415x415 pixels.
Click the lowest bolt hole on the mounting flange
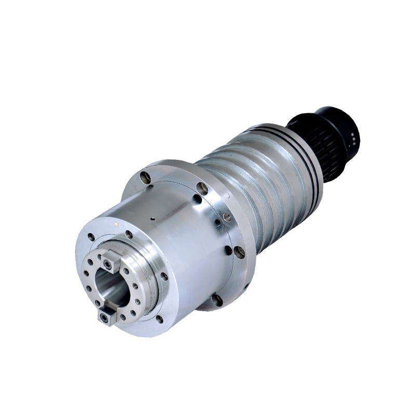217,300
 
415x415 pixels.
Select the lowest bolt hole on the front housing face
158,319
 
